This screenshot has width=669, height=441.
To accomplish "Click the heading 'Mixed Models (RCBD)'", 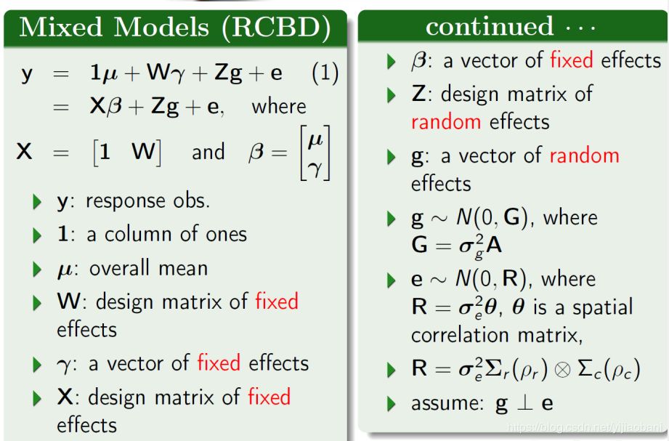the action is pos(174,28).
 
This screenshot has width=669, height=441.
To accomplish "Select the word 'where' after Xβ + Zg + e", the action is pos(279,107).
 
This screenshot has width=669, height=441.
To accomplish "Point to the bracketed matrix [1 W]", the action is pos(126,152).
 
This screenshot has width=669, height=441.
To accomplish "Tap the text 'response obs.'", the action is pos(147,201).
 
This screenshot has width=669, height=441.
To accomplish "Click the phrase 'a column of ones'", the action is pos(168,234).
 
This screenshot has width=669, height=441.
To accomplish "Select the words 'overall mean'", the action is pos(148,267).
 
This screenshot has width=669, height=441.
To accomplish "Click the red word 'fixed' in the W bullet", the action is pos(277,301).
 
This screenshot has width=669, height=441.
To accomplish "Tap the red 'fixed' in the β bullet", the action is pos(572,60).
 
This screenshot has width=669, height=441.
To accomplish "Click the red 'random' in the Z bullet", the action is pos(446,121).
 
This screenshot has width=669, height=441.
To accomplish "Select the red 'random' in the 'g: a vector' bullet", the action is pos(584,155).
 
